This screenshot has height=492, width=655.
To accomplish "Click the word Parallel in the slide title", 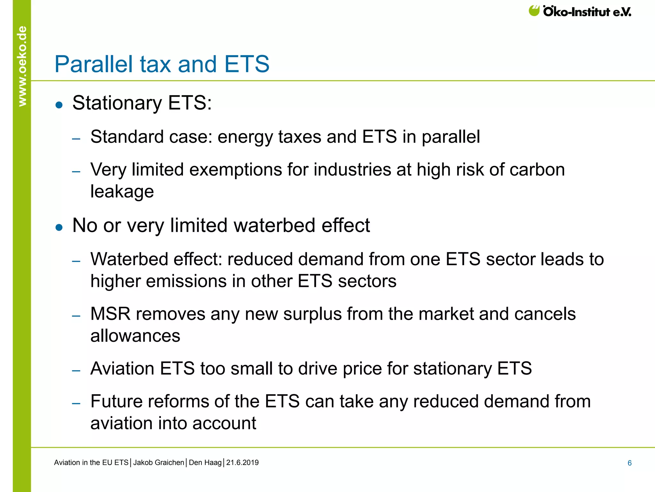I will tap(94, 64).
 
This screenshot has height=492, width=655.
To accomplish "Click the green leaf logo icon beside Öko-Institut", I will tap(534, 11).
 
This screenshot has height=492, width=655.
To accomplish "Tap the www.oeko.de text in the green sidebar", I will tap(22, 66).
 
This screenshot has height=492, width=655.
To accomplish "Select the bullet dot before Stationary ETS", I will tap(59, 105).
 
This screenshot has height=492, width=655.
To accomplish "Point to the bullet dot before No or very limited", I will tap(59, 227).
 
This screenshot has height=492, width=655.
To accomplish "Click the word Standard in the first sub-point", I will tap(127, 137).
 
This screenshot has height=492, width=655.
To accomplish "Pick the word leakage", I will tap(122, 192).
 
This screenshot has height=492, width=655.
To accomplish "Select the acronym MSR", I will tap(110, 314).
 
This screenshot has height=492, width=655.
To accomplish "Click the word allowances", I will tap(135, 336).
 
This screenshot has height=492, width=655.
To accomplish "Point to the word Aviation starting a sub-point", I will tap(122, 368).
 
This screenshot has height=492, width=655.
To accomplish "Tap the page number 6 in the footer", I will tap(629, 463).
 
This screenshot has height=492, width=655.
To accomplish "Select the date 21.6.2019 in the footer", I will tap(242, 463).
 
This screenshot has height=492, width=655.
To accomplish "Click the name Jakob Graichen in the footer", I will tap(159, 463).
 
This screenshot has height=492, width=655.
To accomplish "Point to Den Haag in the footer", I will tap(205, 463).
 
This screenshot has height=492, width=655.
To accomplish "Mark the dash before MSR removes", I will tap(76, 316).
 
